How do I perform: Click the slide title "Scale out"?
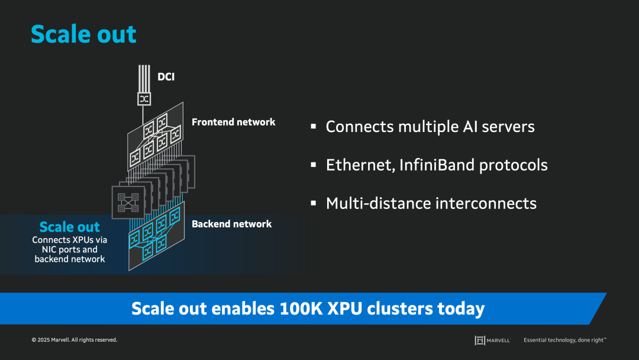[x=83, y=34]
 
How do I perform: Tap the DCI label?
[x=166, y=76]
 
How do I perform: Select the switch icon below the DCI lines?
[x=144, y=98]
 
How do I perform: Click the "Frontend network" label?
[x=233, y=122]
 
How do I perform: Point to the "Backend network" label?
[x=231, y=224]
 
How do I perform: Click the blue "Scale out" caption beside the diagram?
[x=69, y=227]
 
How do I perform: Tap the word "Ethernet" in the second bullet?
[x=359, y=165]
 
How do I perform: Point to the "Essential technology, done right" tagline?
[x=564, y=340]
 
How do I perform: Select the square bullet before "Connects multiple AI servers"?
[x=314, y=127]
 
